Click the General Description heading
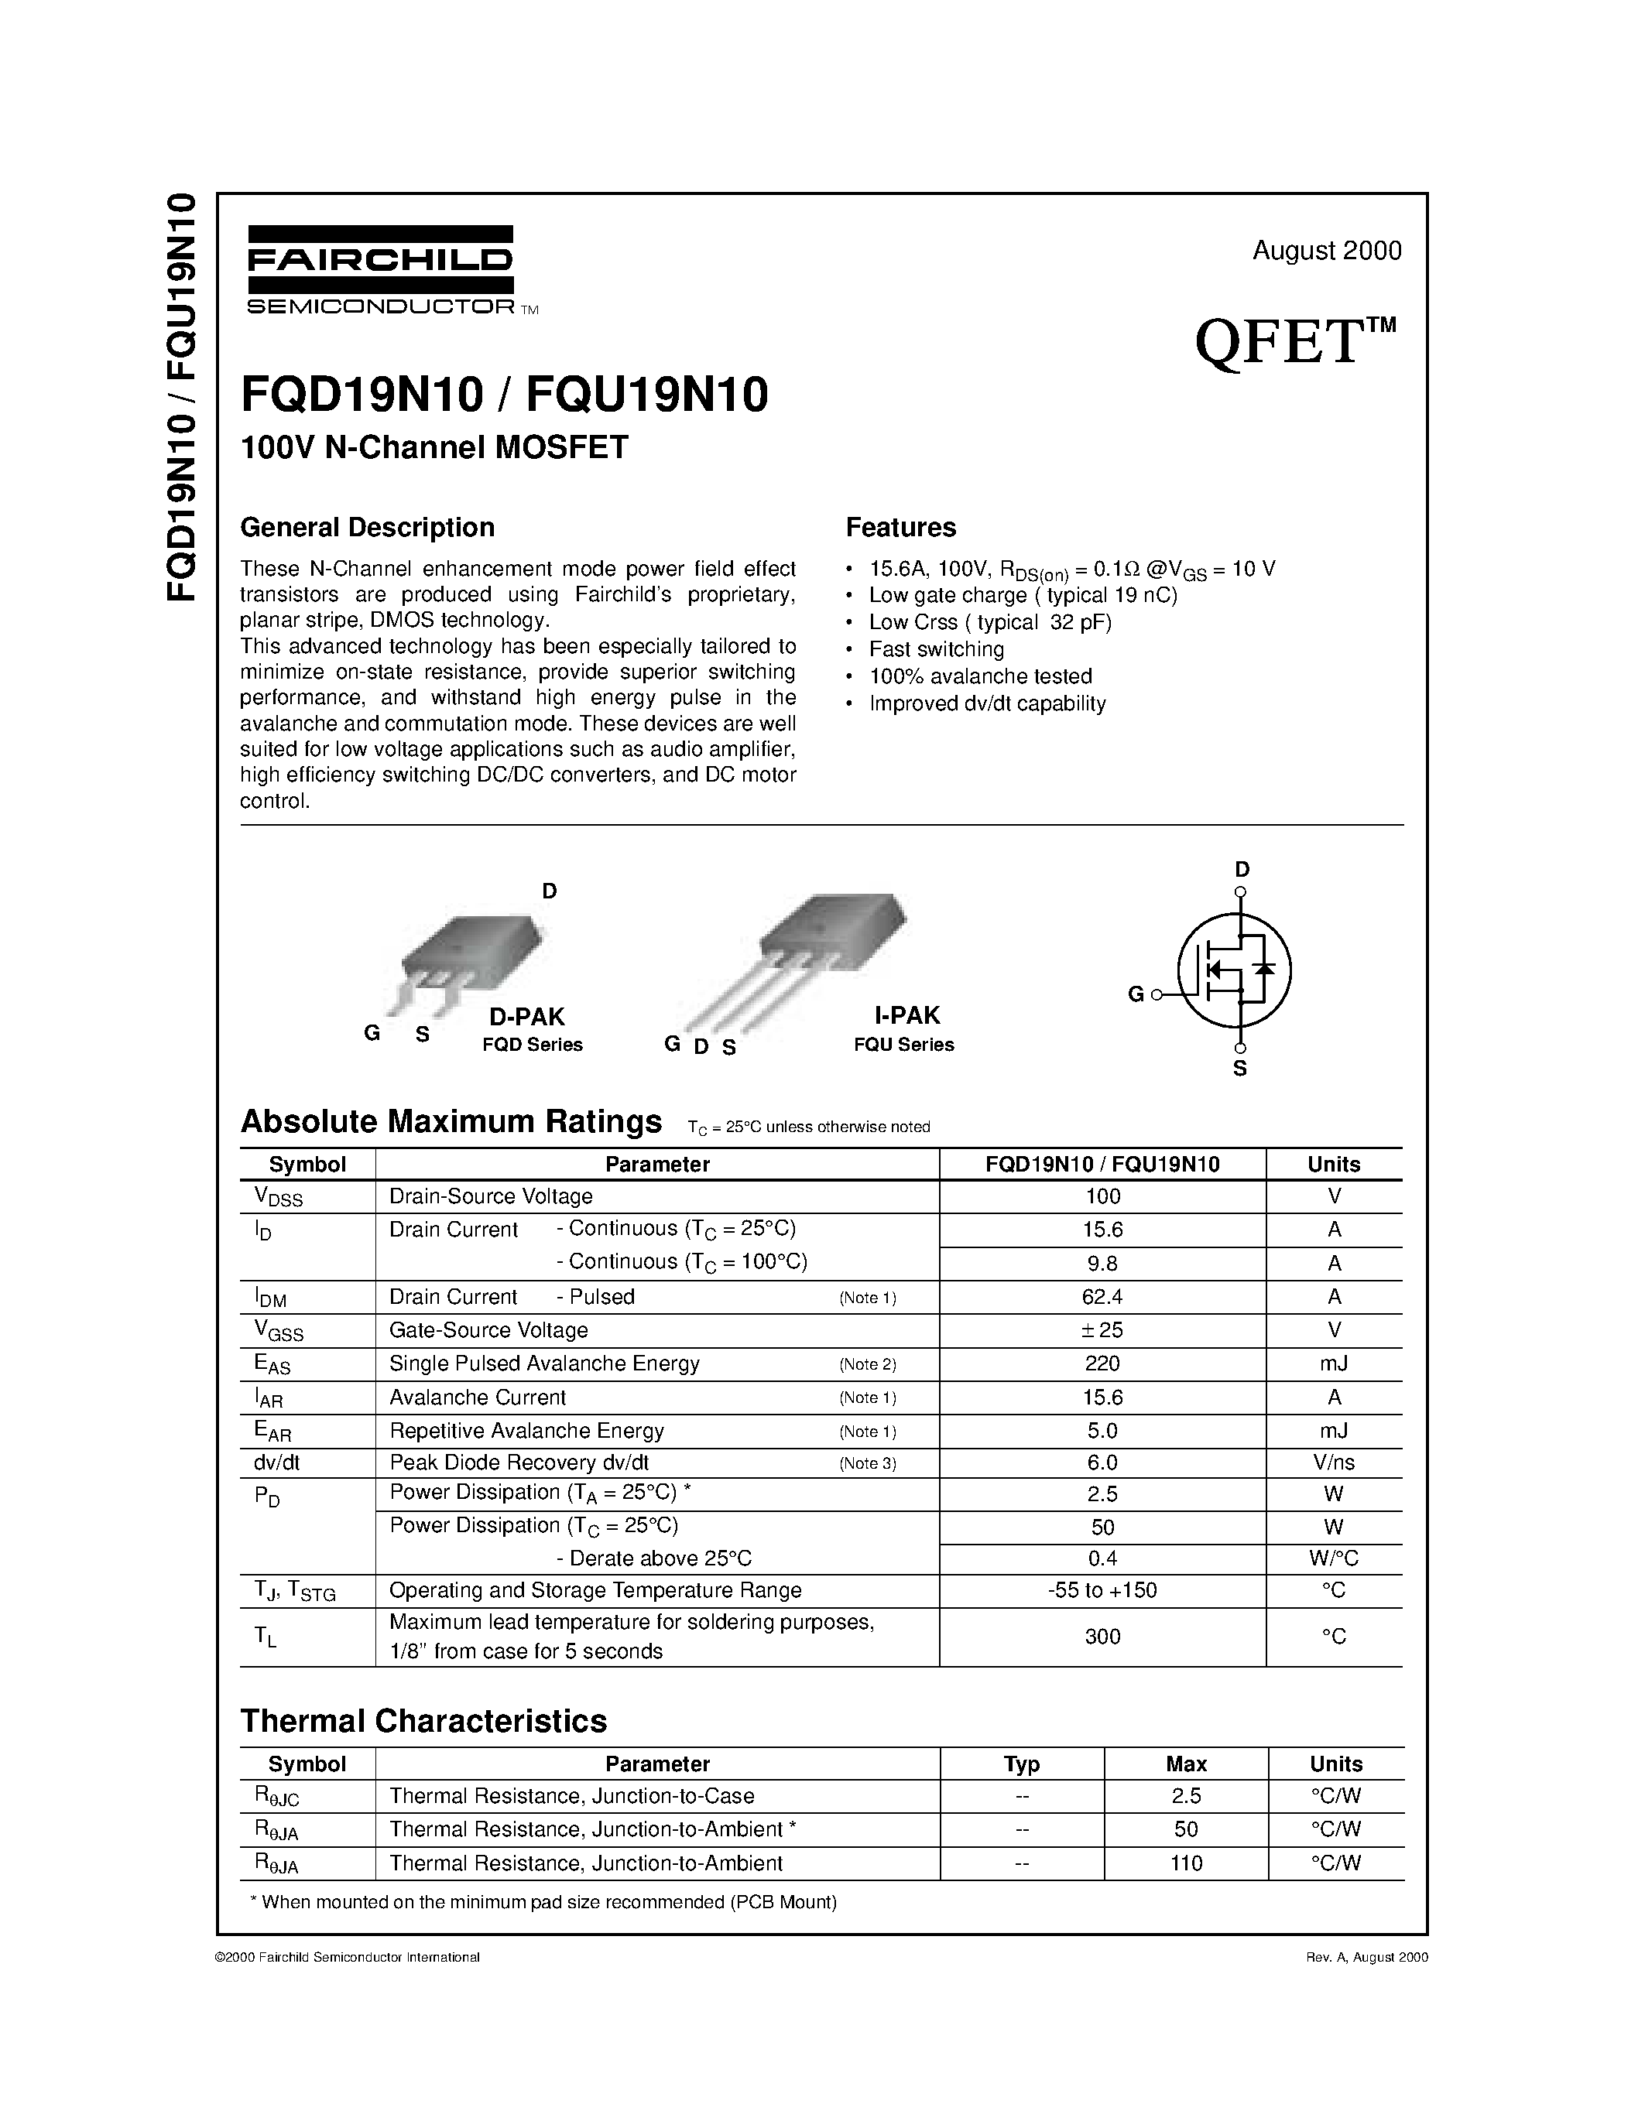[x=368, y=527]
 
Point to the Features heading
[x=900, y=527]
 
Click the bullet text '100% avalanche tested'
[x=980, y=676]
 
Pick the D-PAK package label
[x=526, y=1016]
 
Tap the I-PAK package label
[x=906, y=1015]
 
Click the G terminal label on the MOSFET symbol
[x=1136, y=995]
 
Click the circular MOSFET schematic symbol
[x=1234, y=970]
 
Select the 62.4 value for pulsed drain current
[x=1102, y=1297]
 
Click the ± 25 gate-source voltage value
[x=1102, y=1330]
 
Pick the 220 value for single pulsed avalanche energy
[x=1102, y=1363]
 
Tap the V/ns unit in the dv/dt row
[x=1333, y=1463]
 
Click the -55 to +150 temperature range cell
[x=1102, y=1590]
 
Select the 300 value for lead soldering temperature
[x=1102, y=1636]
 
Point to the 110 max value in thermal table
[x=1186, y=1863]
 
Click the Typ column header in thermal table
[x=1021, y=1764]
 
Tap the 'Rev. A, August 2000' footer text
[x=1366, y=1956]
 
